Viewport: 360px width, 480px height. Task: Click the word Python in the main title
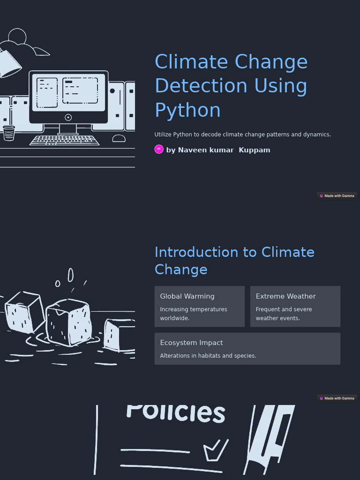[x=187, y=111]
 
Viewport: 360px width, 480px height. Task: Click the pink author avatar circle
[x=159, y=149]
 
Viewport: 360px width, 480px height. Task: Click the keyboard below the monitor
[x=65, y=140]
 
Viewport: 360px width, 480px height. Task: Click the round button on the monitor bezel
[x=68, y=118]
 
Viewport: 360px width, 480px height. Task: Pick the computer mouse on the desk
[x=119, y=138]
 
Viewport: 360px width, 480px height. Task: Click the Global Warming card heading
[x=187, y=296]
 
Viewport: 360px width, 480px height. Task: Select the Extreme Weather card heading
[x=285, y=296]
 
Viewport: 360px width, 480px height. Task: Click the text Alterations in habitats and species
[x=208, y=356]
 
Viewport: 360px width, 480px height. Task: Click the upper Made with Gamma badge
[x=337, y=196]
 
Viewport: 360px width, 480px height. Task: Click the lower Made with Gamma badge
[x=337, y=398]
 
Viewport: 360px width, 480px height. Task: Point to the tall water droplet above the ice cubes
[x=71, y=275]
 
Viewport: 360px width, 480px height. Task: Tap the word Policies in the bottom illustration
[x=176, y=412]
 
